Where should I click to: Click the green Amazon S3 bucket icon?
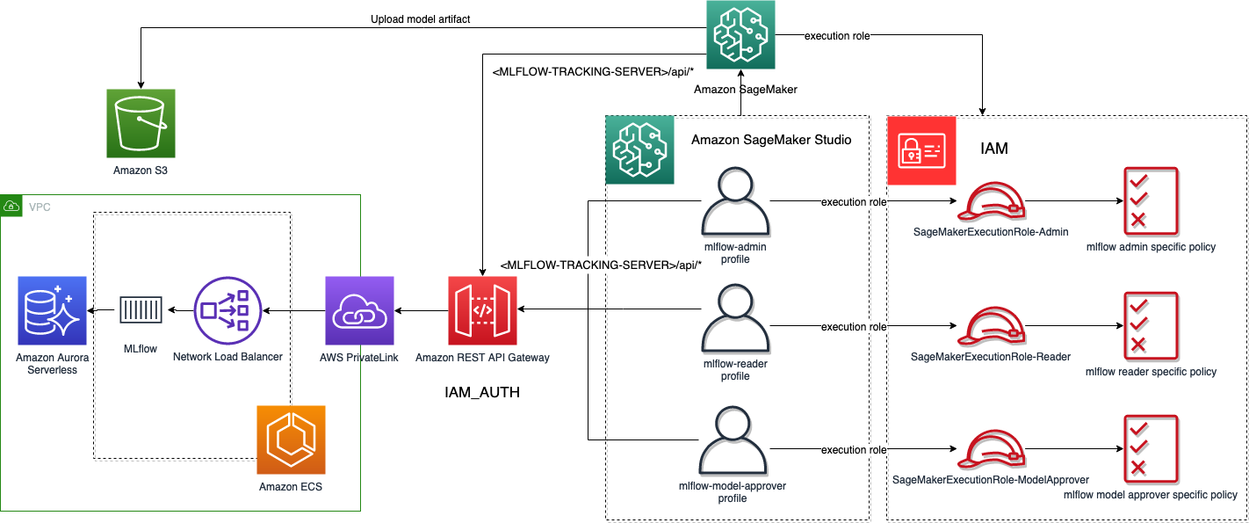141,123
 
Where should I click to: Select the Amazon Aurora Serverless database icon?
52,310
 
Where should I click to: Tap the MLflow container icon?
141,310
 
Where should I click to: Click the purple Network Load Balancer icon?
228,310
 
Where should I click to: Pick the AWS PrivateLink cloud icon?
359,310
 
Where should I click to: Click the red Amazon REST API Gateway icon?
482,310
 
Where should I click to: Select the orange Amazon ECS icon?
291,439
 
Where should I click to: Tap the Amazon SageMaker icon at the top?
740,35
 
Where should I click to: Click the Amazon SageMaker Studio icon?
639,149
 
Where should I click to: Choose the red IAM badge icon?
921,149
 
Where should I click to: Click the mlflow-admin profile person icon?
735,203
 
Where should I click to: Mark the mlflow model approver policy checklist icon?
1151,449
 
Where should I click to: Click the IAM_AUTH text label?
482,393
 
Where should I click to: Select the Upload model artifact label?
421,18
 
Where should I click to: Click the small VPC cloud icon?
12,206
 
